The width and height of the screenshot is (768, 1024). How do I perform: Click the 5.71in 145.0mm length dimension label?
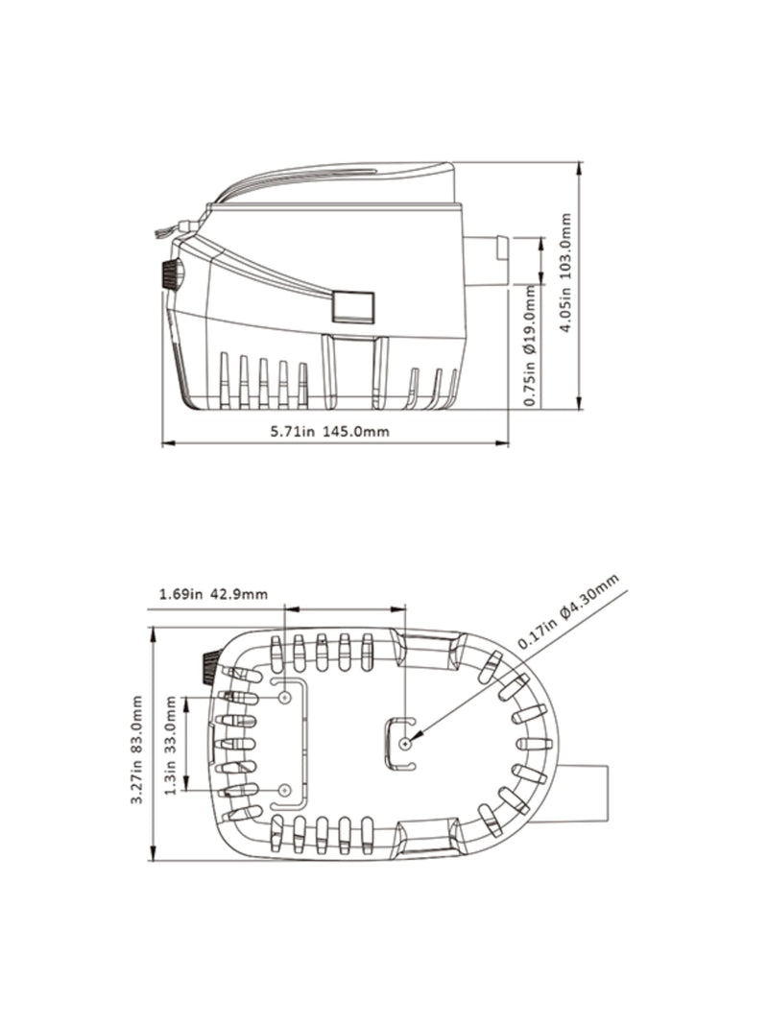click(330, 432)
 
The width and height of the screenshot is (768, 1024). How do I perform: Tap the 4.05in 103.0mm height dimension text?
click(566, 273)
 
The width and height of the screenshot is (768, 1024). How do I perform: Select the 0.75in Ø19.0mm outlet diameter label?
click(530, 345)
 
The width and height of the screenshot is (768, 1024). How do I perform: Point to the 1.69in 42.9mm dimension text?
click(213, 594)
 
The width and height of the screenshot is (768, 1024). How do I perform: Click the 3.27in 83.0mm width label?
click(136, 750)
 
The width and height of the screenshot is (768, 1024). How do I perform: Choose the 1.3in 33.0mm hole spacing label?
click(171, 746)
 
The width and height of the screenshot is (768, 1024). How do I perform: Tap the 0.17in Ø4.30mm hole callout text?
click(569, 612)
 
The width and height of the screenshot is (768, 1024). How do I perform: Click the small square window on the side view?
click(353, 306)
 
